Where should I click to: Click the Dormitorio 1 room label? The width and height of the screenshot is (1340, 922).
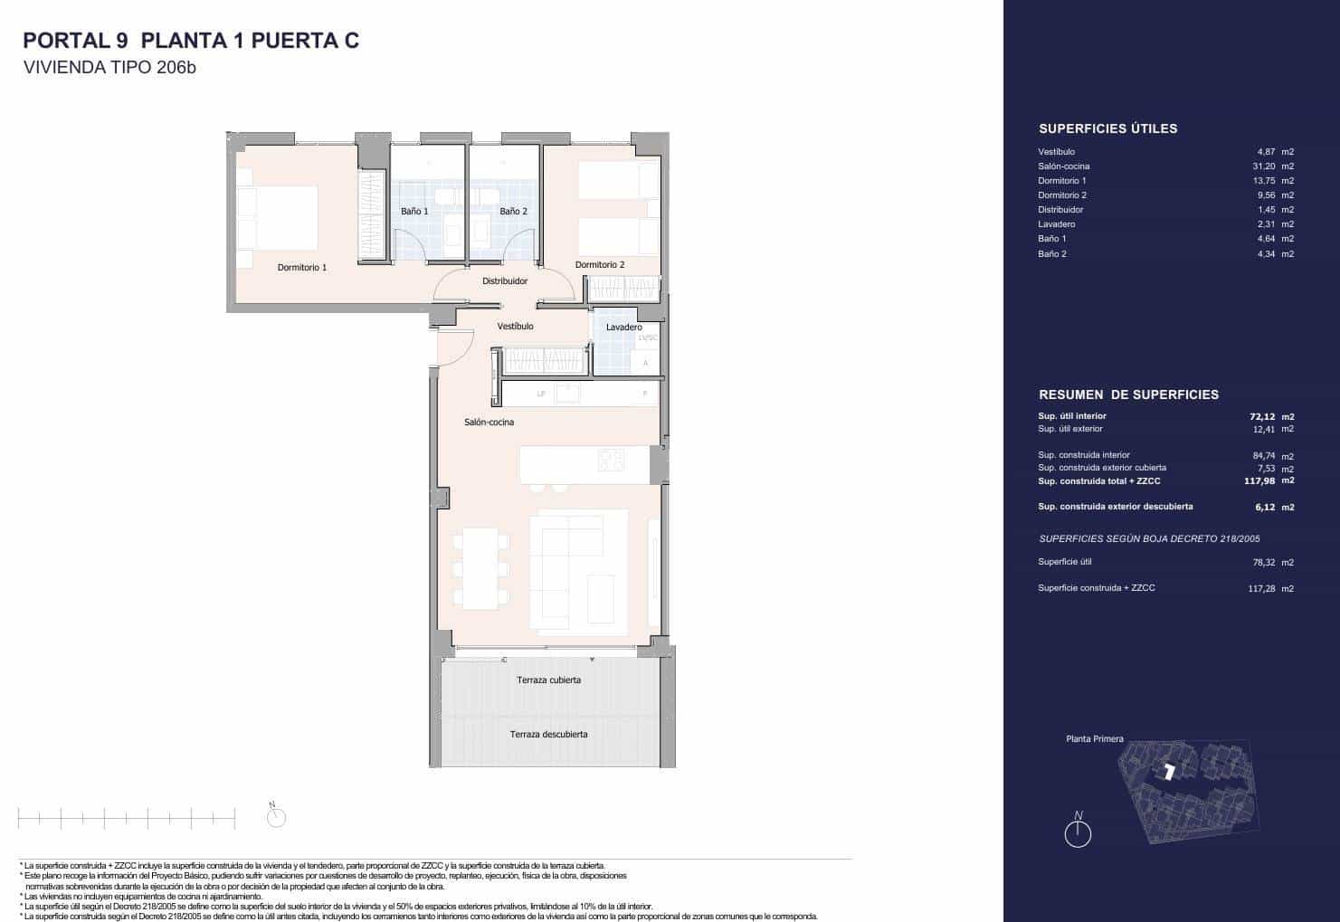click(x=301, y=268)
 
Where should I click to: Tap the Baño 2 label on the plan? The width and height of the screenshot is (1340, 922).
click(x=513, y=211)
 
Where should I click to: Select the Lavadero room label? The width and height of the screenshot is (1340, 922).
click(x=624, y=328)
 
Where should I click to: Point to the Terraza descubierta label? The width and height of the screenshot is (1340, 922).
click(x=548, y=735)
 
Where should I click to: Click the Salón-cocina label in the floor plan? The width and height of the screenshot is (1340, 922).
click(x=489, y=423)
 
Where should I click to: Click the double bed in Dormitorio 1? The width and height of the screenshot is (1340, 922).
click(x=279, y=218)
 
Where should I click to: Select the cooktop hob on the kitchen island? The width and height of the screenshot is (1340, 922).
click(x=611, y=460)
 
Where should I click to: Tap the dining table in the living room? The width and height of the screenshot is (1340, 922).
click(x=480, y=567)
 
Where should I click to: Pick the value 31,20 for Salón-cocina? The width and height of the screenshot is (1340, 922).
click(x=1265, y=166)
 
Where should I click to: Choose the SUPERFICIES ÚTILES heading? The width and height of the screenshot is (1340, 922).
click(x=1107, y=128)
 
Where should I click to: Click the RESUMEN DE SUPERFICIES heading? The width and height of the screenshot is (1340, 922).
click(x=1128, y=394)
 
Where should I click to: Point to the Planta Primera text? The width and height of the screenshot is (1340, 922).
click(x=1094, y=739)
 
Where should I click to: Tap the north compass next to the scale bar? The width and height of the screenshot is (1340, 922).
click(x=276, y=817)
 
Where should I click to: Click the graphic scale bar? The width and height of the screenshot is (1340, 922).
click(x=126, y=819)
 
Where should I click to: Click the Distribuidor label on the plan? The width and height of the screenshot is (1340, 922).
click(x=505, y=281)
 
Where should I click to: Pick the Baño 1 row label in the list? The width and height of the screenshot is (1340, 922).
click(x=1051, y=239)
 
